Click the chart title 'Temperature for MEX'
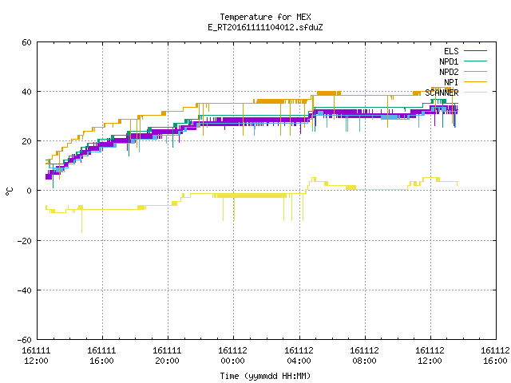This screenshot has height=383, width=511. click(x=265, y=17)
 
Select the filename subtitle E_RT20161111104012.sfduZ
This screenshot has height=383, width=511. click(x=265, y=27)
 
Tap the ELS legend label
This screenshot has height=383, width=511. click(x=451, y=51)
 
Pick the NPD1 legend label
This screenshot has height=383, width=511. click(x=449, y=61)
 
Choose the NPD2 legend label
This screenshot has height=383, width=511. click(x=449, y=72)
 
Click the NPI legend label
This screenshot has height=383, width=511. click(x=451, y=82)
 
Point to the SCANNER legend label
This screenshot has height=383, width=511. click(x=442, y=93)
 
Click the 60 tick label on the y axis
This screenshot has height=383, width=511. click(x=26, y=42)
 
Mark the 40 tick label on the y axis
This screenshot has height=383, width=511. click(x=26, y=92)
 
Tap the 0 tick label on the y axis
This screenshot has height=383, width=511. click(x=30, y=191)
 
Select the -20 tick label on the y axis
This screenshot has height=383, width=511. click(x=25, y=241)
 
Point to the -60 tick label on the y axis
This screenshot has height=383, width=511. click(x=25, y=340)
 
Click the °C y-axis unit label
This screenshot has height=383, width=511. click(x=9, y=191)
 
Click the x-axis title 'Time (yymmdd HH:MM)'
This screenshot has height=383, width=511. click(x=265, y=376)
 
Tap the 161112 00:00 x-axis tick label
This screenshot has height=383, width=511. click(x=232, y=356)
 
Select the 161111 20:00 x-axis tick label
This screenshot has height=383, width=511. click(x=167, y=356)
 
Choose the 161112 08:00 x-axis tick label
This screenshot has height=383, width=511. click(x=364, y=356)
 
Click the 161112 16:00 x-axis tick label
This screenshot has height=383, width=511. click(x=495, y=356)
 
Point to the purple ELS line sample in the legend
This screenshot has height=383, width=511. click(x=475, y=51)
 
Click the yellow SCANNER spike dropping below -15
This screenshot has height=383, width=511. click(x=81, y=221)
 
